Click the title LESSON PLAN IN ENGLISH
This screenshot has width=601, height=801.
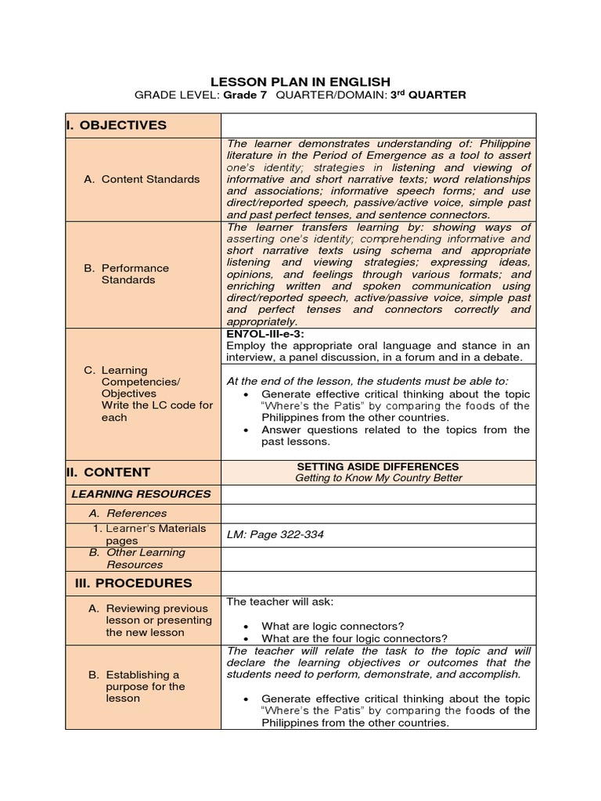[300, 81]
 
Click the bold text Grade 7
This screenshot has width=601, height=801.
[246, 95]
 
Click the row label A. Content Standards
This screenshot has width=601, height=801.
[142, 179]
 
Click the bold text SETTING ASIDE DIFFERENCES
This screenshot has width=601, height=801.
[379, 466]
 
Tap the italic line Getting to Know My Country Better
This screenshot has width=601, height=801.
[379, 478]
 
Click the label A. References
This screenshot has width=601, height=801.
[128, 514]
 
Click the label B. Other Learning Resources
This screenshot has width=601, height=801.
[137, 559]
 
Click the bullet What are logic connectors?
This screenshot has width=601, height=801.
[333, 626]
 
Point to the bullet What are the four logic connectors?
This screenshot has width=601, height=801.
[354, 638]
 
